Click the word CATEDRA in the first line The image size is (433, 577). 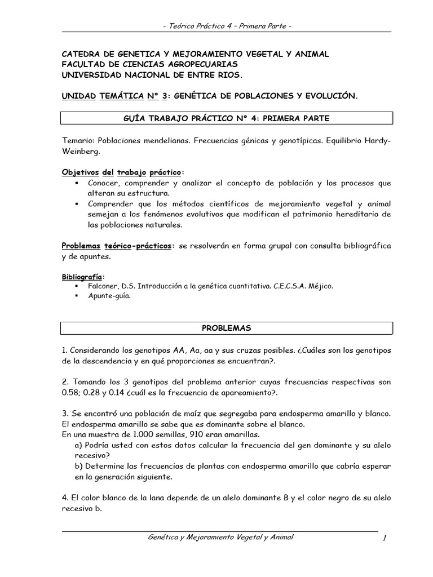[81, 54]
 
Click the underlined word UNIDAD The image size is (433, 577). [78, 96]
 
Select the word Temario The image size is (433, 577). [78, 140]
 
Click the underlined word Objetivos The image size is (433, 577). [80, 172]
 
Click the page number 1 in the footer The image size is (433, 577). [383, 539]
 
